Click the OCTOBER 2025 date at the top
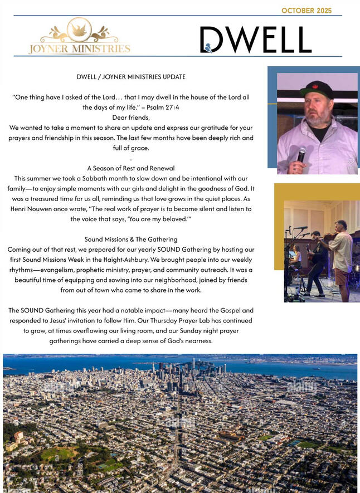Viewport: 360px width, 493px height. pyautogui.click(x=306, y=11)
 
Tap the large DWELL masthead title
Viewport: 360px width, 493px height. pyautogui.click(x=256, y=40)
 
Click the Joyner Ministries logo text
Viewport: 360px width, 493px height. pyautogui.click(x=79, y=49)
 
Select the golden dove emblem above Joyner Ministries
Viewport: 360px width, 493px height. pyautogui.click(x=79, y=29)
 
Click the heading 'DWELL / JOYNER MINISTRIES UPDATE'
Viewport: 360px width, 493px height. pyautogui.click(x=131, y=76)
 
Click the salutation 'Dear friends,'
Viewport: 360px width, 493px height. pyautogui.click(x=131, y=117)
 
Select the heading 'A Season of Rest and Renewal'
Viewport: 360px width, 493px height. pyautogui.click(x=131, y=168)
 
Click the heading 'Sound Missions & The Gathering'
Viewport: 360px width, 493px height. pyautogui.click(x=131, y=239)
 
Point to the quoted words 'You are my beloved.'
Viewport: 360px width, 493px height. pyautogui.click(x=156, y=219)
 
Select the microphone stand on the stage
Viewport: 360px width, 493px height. pyautogui.click(x=290, y=262)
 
